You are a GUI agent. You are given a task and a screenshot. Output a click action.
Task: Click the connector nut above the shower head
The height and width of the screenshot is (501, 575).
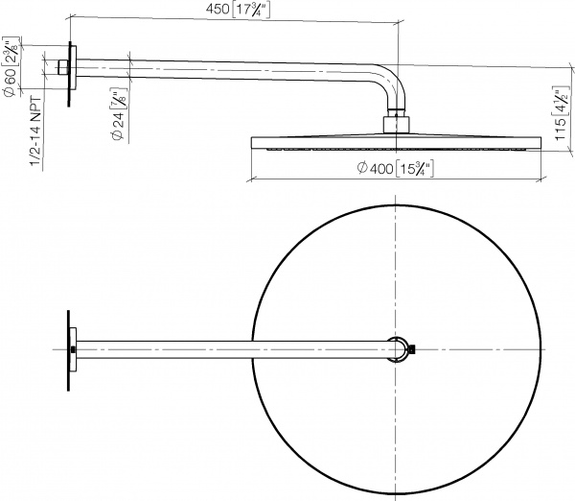tap(395, 123)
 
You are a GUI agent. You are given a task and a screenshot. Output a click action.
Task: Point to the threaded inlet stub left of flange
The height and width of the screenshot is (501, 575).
tap(61, 67)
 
